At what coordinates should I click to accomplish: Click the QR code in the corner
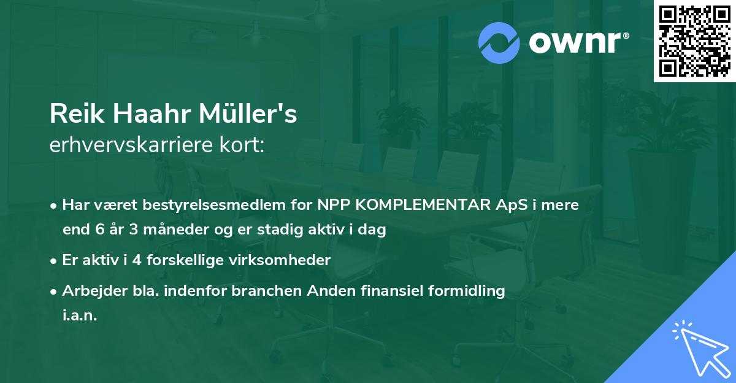[x=694, y=41]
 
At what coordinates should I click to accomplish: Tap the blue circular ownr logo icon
[x=499, y=43]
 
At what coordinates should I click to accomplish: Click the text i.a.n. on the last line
[x=80, y=315]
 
